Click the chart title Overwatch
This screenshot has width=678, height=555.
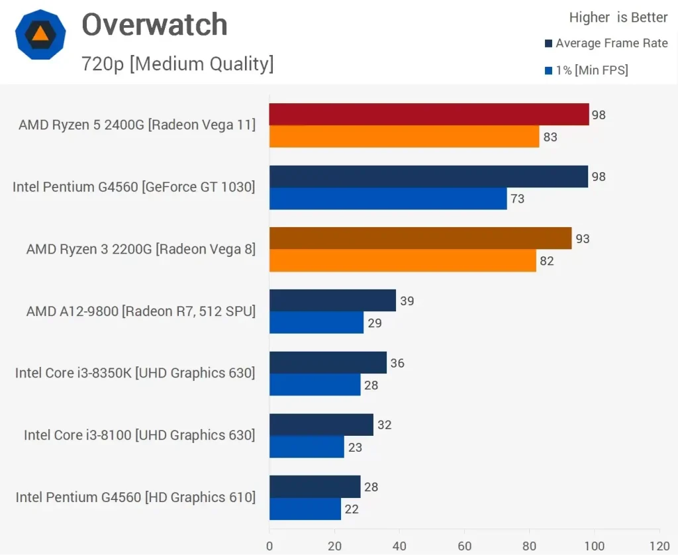(x=154, y=25)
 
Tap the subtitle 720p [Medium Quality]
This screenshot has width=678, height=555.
(x=177, y=64)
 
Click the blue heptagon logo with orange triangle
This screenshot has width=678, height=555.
(x=40, y=36)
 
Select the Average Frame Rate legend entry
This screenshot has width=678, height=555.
(x=606, y=44)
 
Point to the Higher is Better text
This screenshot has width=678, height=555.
(x=618, y=18)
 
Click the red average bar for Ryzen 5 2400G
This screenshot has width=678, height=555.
(x=429, y=115)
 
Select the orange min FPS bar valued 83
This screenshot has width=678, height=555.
(x=404, y=137)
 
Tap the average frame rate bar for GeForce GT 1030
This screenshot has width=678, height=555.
(x=428, y=177)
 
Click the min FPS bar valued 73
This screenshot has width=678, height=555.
(x=388, y=199)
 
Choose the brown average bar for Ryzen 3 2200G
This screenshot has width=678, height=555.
(x=420, y=238)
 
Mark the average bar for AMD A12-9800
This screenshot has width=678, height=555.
(x=332, y=301)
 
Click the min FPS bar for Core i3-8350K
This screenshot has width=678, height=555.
(x=315, y=385)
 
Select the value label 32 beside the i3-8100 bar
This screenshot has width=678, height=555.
(x=384, y=425)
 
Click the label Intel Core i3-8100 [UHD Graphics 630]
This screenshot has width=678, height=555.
(x=139, y=435)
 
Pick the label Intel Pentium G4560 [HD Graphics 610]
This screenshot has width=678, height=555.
(x=136, y=497)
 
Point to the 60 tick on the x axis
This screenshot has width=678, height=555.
(x=464, y=546)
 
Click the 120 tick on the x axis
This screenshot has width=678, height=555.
(x=659, y=546)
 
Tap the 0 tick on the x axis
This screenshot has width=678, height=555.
(x=269, y=546)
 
